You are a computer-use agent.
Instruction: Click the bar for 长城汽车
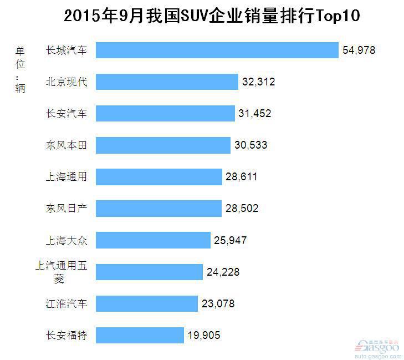point(217,50)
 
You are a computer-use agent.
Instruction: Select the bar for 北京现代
point(167,82)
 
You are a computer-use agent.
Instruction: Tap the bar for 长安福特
point(140,335)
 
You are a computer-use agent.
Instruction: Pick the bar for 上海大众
point(153,240)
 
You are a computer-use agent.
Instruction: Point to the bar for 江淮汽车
point(147,303)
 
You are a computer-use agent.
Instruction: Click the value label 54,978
point(359,50)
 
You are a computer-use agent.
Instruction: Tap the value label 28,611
point(242,177)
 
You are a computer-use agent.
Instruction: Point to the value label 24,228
point(223,272)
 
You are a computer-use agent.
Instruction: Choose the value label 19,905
point(204,336)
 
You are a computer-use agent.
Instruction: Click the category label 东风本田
point(67,145)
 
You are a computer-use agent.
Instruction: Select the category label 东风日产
point(67,209)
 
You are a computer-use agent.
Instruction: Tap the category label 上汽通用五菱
point(61,272)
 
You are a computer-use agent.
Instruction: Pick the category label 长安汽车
point(67,114)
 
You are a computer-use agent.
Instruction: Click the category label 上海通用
point(67,177)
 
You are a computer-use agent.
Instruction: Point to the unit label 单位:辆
point(21,69)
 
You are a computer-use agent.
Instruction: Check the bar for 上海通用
point(159,177)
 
